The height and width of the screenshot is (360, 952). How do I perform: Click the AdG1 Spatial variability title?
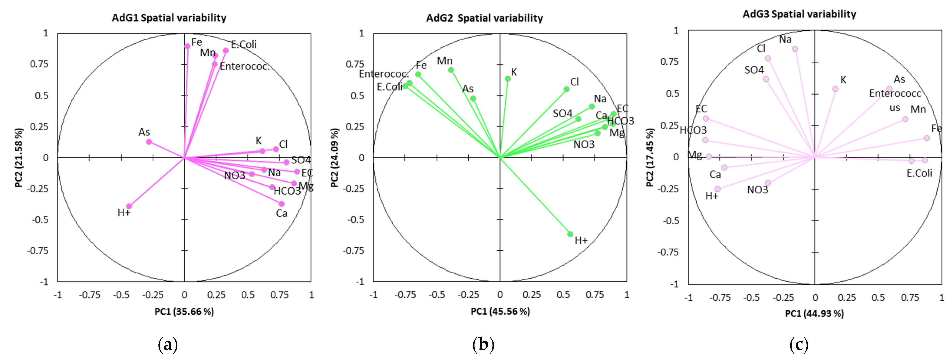(169, 18)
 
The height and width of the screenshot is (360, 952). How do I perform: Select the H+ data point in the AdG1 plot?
(129, 206)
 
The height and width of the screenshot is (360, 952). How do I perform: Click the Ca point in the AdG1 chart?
(282, 204)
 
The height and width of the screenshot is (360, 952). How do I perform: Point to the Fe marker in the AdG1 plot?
(187, 46)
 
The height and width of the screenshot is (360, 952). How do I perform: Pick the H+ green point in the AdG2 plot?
(570, 234)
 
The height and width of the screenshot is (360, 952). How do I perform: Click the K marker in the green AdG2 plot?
(508, 79)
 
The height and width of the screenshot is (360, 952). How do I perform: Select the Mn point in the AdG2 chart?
(451, 70)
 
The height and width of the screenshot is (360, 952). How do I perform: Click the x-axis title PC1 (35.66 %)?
(184, 312)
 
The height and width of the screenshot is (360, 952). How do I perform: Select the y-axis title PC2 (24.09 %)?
(334, 158)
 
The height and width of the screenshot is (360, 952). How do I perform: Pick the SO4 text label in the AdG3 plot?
(754, 70)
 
